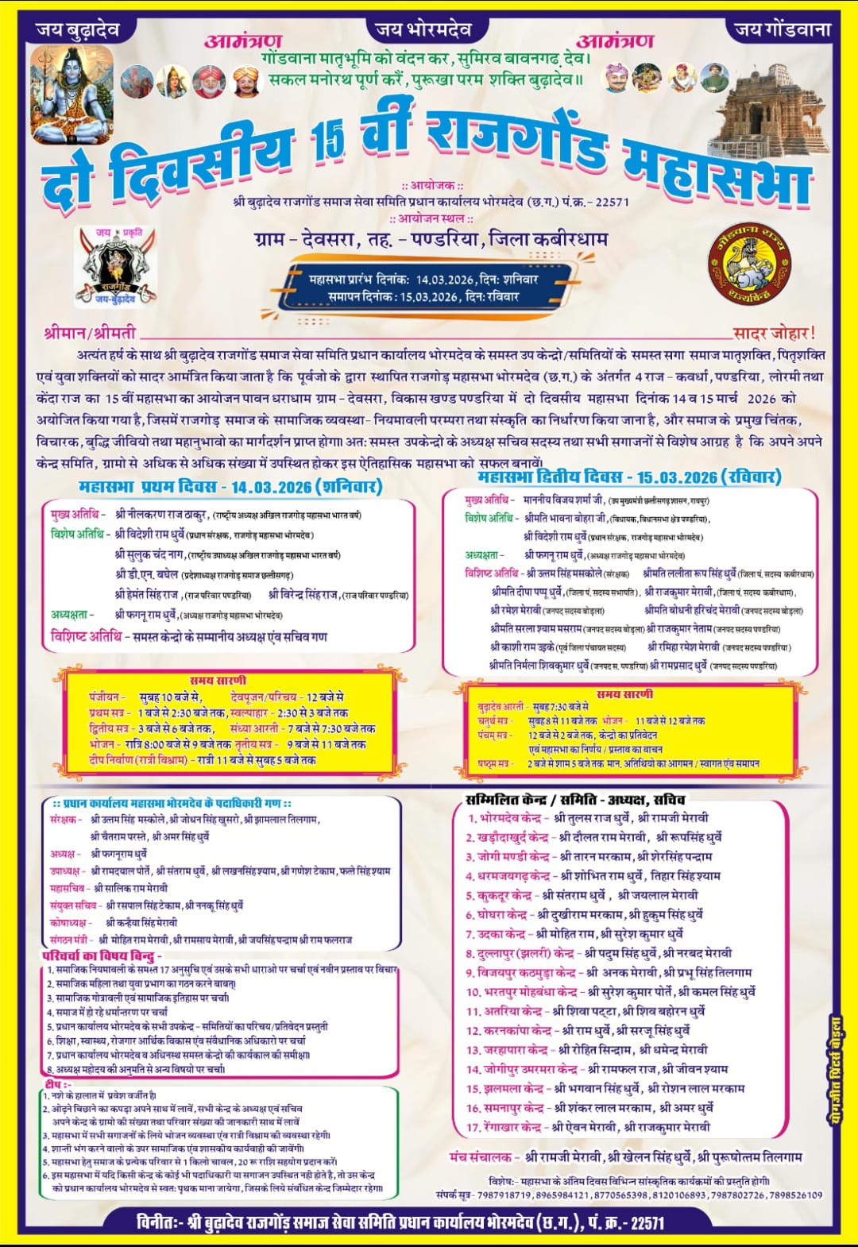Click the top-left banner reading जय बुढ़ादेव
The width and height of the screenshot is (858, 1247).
coord(78,29)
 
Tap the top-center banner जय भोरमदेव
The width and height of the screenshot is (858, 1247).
coord(423,29)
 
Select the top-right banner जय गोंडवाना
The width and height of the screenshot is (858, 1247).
coord(782,29)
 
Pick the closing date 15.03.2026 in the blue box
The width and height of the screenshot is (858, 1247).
coord(429,296)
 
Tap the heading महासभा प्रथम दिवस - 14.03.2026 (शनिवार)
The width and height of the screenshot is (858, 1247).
coord(230,485)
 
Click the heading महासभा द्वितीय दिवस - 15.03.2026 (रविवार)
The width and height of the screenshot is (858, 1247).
coord(629,477)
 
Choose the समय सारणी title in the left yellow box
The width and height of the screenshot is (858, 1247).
coord(218,680)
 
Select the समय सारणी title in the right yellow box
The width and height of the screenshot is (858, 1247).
coord(625,693)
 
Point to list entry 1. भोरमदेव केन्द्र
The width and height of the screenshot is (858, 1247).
coord(504,817)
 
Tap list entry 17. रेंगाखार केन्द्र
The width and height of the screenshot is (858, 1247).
coord(504,1127)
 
